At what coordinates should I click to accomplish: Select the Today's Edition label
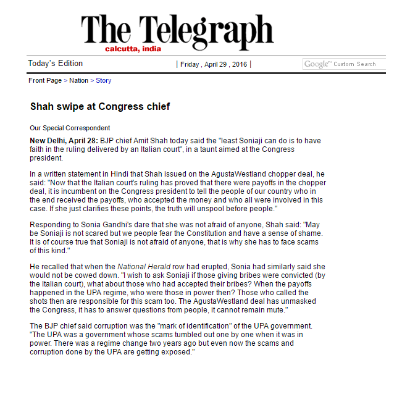[x=55, y=64]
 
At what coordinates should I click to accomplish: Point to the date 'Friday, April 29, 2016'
[x=214, y=64]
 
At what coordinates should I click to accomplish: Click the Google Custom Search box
[x=344, y=64]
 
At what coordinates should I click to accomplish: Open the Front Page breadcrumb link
[x=45, y=80]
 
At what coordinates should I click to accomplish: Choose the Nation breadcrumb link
[x=78, y=80]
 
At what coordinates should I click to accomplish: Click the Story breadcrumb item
[x=103, y=80]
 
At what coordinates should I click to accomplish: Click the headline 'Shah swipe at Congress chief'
[x=100, y=106]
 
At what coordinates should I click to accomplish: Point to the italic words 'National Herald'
[x=141, y=266]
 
